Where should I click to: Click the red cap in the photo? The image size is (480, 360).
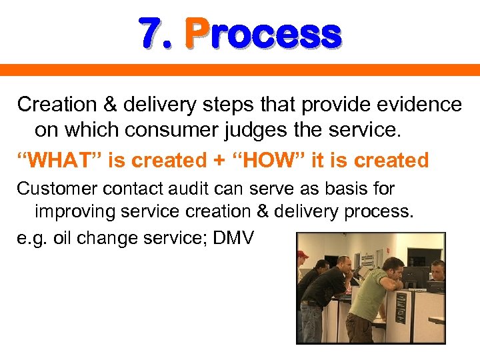[303, 254]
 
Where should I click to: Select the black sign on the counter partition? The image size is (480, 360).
[401, 307]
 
